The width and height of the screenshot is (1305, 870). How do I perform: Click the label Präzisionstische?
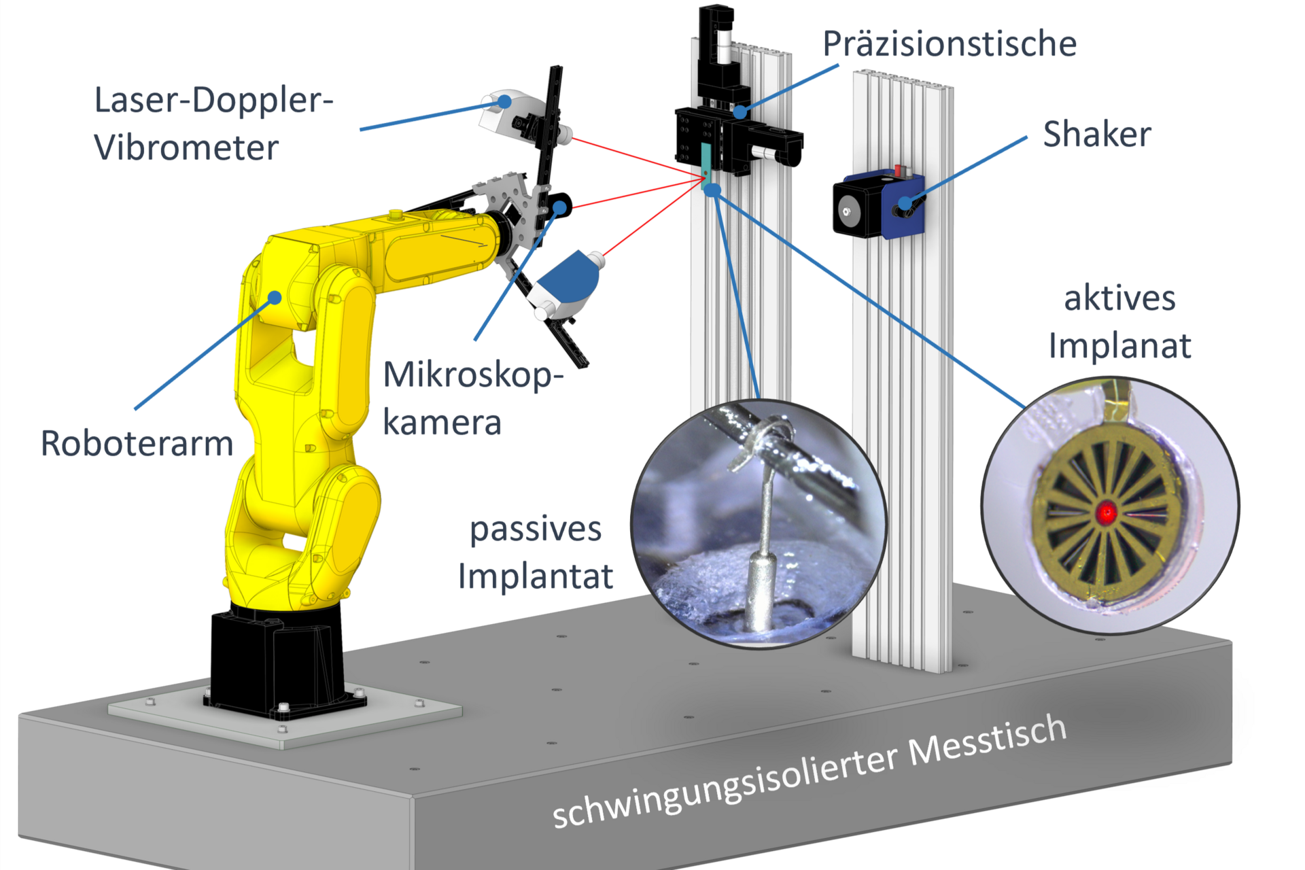pos(949,44)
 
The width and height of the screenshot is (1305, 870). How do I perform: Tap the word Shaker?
pos(1096,134)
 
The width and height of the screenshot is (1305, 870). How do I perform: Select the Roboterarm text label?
pos(137,444)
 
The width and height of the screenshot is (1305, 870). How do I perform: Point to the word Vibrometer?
pos(186,148)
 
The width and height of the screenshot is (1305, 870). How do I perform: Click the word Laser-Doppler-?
pos(213,101)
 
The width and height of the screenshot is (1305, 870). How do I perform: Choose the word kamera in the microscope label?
pos(442,423)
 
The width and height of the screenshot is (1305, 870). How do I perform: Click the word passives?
pos(536,529)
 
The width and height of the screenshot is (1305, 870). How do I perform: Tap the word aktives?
pos(1119,298)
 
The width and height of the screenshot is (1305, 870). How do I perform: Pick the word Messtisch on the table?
pos(987,741)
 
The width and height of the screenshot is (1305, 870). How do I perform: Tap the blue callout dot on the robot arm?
pos(275,298)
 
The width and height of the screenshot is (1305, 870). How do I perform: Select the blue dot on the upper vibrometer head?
pos(504,101)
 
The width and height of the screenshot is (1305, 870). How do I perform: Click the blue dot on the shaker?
pos(905,203)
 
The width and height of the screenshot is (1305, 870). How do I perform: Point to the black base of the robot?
pos(272,659)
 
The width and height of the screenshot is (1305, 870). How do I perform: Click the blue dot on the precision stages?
pos(740,110)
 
